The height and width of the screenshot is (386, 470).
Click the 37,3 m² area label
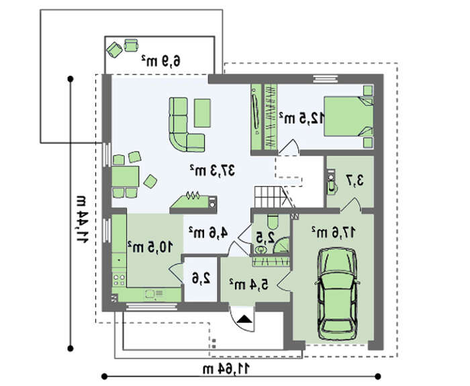click(x=212, y=171)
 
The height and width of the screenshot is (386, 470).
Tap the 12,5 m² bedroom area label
click(x=302, y=118)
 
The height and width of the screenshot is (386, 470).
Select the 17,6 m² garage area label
click(x=333, y=232)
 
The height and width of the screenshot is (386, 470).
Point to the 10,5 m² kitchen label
click(x=150, y=246)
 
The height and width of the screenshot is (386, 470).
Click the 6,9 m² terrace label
click(x=161, y=61)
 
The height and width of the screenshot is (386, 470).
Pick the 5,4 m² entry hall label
click(x=249, y=284)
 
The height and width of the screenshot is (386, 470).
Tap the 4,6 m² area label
click(x=208, y=232)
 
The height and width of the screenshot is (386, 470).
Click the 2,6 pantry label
click(x=201, y=279)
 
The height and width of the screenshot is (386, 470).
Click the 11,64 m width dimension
click(x=226, y=369)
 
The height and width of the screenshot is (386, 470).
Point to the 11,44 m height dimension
click(x=81, y=219)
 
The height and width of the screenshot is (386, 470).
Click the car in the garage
click(x=337, y=294)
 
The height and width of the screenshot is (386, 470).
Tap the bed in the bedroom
click(x=348, y=116)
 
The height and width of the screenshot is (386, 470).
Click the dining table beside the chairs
click(x=126, y=177)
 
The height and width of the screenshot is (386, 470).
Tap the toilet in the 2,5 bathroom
click(x=273, y=222)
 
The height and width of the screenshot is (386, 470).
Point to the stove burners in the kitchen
click(x=119, y=279)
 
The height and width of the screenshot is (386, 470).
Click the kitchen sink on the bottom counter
click(x=154, y=294)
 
